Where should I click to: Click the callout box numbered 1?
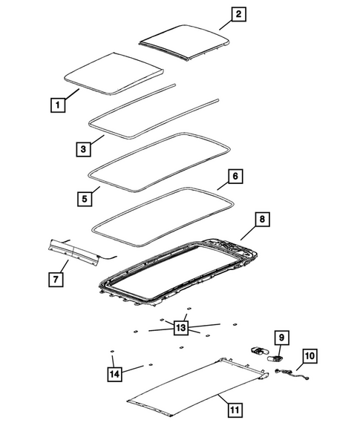tap(56, 106)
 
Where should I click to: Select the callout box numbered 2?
tap(217, 13)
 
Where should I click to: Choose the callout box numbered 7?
tap(56, 279)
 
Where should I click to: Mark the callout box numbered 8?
tap(261, 220)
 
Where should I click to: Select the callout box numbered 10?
tap(309, 357)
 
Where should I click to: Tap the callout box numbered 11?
tap(234, 409)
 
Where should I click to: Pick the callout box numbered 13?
tap(180, 326)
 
